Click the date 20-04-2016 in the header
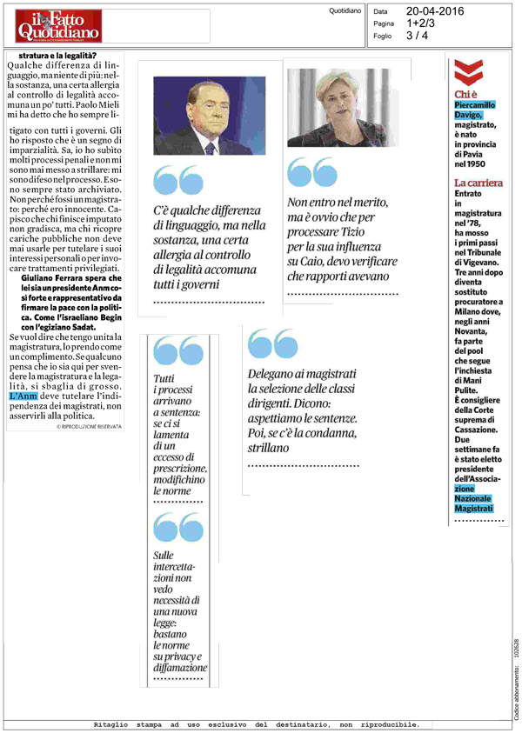click(x=435, y=11)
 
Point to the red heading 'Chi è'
click(x=466, y=94)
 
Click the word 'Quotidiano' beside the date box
click(x=345, y=11)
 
